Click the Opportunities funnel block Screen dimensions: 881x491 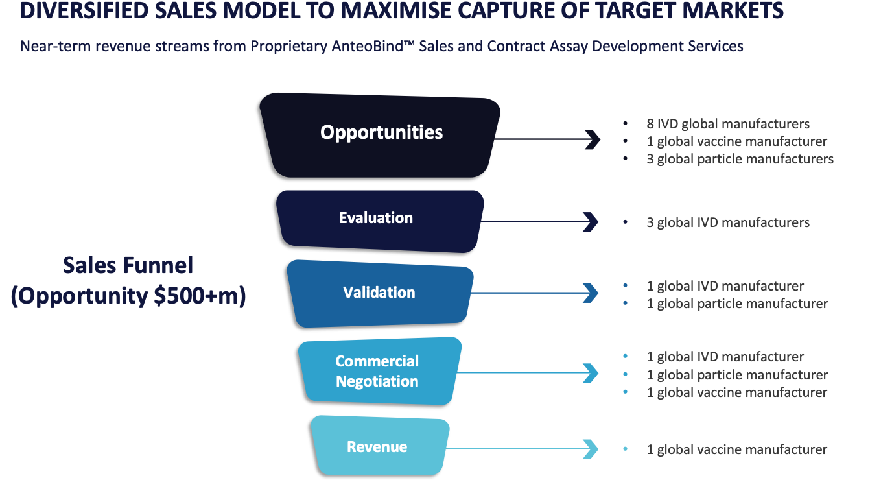pos(380,136)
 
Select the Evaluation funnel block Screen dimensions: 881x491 pos(380,221)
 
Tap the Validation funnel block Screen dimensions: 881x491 pos(380,294)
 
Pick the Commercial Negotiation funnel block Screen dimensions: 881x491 pos(380,371)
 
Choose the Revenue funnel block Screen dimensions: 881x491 pos(380,446)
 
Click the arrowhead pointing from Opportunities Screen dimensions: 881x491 pos(593,139)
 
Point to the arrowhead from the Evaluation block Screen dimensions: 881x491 pos(591,222)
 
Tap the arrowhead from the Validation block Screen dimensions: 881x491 pos(591,293)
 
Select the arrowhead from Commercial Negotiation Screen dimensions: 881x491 pos(591,373)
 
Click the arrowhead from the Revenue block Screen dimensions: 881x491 pos(591,449)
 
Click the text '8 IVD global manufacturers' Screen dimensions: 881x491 pos(728,124)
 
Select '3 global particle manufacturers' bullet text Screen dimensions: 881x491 pos(740,159)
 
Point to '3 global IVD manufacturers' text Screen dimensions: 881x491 pos(728,222)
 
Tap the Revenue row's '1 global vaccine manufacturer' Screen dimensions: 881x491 pos(736,449)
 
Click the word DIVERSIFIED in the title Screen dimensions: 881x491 pos(84,10)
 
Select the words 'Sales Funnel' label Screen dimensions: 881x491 pos(128,265)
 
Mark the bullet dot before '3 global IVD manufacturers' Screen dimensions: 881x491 pos(626,222)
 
